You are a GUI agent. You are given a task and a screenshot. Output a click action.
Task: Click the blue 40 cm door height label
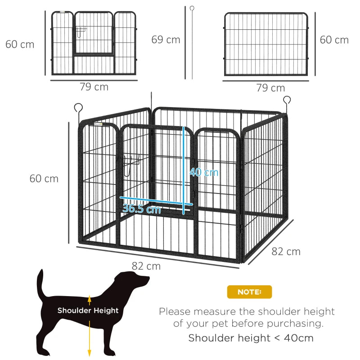(x=203, y=172)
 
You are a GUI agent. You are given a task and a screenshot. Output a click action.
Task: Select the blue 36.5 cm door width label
(x=141, y=209)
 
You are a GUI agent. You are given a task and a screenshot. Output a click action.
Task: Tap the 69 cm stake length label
(x=166, y=40)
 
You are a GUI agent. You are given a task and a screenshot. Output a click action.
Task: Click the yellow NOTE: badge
(x=249, y=292)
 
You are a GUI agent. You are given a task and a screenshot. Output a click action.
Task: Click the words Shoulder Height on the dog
(x=88, y=310)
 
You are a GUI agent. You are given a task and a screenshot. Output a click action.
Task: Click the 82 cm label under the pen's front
(x=146, y=266)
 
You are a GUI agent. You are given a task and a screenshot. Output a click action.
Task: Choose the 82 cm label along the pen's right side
(x=286, y=252)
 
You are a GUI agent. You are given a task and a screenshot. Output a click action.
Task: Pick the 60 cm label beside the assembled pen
(x=44, y=179)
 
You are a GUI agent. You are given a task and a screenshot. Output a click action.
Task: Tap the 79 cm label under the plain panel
(x=270, y=88)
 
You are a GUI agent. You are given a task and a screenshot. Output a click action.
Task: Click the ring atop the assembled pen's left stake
(x=79, y=108)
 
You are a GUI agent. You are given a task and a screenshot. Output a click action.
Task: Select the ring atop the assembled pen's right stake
(x=287, y=100)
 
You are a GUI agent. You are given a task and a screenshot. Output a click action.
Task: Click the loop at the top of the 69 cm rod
(x=192, y=9)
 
